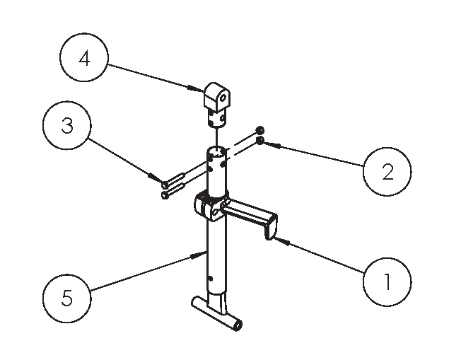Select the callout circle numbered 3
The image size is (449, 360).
click(66, 126)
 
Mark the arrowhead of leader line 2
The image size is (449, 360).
click(267, 143)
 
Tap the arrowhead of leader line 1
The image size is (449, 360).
click(274, 239)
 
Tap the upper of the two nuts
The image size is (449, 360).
click(260, 131)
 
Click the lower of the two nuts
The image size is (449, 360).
click(260, 141)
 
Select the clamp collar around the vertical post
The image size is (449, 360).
click(208, 207)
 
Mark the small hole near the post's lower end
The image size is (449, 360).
click(210, 277)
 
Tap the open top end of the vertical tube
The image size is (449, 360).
click(218, 151)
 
